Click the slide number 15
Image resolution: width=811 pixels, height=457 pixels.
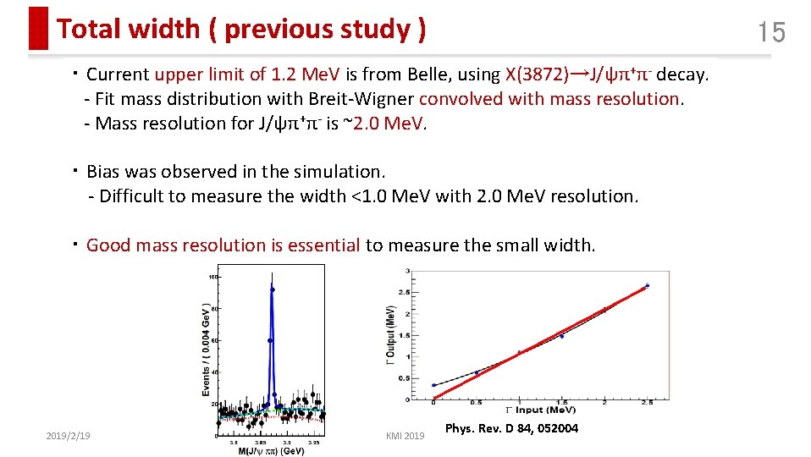coord(771,33)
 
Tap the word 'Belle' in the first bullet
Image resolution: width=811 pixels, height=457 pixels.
coord(469,74)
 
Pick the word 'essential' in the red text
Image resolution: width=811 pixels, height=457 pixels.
coord(324,245)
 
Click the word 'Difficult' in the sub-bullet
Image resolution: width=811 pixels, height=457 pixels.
coord(134,196)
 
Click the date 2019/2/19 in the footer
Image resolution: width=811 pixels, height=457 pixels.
coord(69,435)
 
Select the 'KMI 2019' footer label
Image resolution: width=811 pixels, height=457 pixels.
coord(405,436)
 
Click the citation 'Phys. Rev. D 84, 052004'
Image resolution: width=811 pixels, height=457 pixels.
coord(511,429)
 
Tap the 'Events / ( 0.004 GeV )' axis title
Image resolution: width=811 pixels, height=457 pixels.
coord(207,349)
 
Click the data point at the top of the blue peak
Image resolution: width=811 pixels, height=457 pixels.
coord(272,289)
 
